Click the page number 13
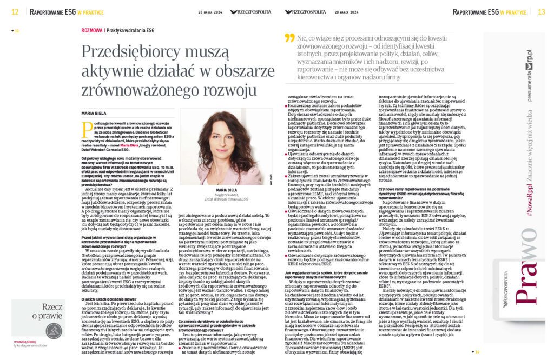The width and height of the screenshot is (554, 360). [541, 11]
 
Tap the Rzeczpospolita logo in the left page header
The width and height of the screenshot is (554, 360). [249, 11]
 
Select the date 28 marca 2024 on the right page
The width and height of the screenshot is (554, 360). [345, 11]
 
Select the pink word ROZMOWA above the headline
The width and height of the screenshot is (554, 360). [91, 31]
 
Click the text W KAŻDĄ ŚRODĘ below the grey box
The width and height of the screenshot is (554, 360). [22, 343]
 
